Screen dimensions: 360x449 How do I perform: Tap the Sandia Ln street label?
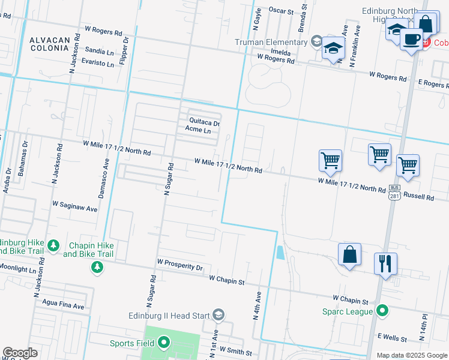tap(100, 52)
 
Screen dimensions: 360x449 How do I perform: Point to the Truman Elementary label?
tap(271, 42)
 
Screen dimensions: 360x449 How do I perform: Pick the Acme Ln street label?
tap(198, 130)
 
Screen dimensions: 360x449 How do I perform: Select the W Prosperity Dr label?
tap(180, 262)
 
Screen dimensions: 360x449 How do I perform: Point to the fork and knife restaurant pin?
tap(385, 263)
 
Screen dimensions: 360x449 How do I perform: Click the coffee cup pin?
tap(411, 39)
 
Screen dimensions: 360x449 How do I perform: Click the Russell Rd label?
tap(418, 196)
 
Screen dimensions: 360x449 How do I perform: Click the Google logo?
tap(20, 353)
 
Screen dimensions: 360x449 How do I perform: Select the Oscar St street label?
tap(281, 11)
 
